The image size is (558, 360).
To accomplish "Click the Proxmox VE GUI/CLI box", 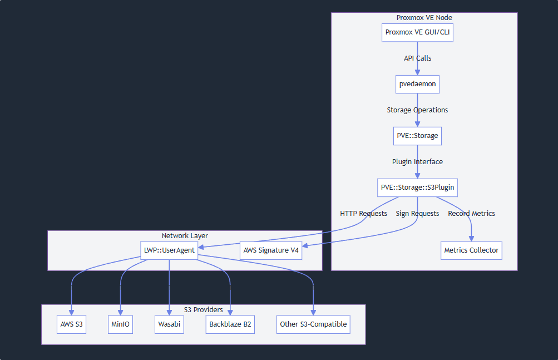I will point(417,32).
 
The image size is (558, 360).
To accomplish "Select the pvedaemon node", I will point(417,84).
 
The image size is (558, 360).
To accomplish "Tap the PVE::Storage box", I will point(417,136).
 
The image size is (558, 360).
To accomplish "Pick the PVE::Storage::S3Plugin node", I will point(417,188).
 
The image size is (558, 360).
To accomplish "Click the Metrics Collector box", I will point(471,250).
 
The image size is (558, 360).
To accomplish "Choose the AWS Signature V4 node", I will point(271,250).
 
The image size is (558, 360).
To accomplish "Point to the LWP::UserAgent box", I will point(169,250).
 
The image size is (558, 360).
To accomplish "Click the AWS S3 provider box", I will point(72,324).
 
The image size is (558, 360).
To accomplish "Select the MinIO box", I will point(120,324).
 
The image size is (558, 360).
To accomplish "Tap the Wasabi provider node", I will point(170,324).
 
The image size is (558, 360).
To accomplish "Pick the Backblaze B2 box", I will point(230,324).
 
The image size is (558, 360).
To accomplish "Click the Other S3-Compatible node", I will point(313,324).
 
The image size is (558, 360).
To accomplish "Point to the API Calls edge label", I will point(417,58).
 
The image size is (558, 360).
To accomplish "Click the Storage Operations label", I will point(417,110).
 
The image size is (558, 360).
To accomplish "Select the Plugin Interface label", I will point(417,162).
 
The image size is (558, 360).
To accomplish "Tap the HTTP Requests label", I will point(363,214).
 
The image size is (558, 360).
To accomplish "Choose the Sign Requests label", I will point(417,214).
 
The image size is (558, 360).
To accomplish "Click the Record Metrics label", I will point(471,214).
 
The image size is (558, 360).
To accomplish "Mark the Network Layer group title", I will point(185,236).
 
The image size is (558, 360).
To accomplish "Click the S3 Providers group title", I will point(203,310).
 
